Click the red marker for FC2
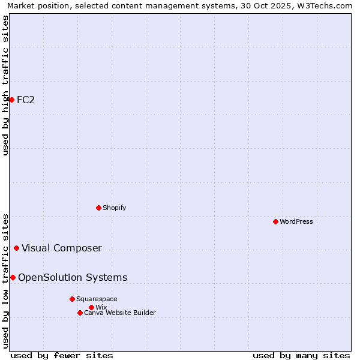pos(11,100)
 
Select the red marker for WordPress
pos(275,221)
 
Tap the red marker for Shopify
pos(98,208)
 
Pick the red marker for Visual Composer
pos(16,248)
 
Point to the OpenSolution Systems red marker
pos(13,277)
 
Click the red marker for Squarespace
pos(72,299)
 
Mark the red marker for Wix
pos(91,307)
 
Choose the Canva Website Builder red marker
pos(80,313)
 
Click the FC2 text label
pos(26,100)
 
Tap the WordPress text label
pos(296,221)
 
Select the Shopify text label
pos(114,208)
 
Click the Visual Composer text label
pos(62,248)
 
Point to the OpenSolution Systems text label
pos(73,277)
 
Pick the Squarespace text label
pos(97,299)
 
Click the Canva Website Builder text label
pos(120,313)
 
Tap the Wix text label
pos(101,307)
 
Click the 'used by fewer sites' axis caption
pos(62,355)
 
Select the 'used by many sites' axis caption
pos(301,355)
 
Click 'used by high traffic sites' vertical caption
pos(5,85)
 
